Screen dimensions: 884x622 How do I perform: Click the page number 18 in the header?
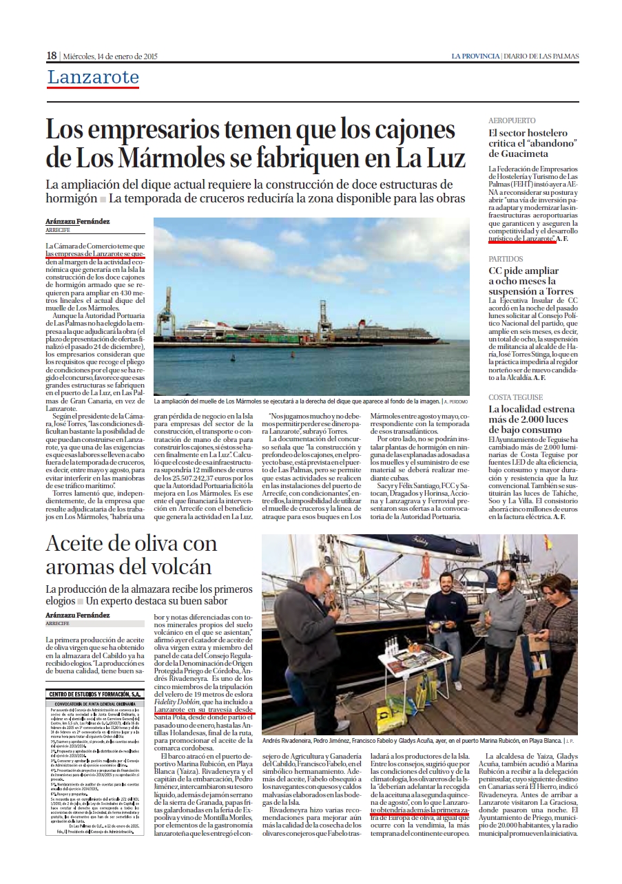pyautogui.click(x=52, y=56)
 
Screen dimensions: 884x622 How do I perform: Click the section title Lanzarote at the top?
pyautogui.click(x=93, y=78)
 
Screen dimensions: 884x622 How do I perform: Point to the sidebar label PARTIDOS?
pyautogui.click(x=506, y=259)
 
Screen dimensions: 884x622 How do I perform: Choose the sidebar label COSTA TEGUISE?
pyautogui.click(x=516, y=397)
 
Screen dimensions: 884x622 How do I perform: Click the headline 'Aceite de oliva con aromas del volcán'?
pyautogui.click(x=131, y=555)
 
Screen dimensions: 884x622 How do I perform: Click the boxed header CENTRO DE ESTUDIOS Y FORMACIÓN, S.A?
pyautogui.click(x=94, y=694)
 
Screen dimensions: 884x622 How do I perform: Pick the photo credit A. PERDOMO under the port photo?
pyautogui.click(x=456, y=400)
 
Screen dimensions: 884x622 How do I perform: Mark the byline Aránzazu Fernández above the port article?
pyautogui.click(x=78, y=222)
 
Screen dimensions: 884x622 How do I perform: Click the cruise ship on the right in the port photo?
pyautogui.click(x=393, y=334)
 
